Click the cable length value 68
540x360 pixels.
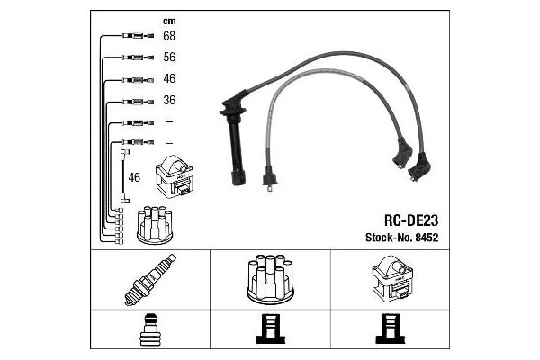click(168, 36)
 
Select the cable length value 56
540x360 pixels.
click(168, 57)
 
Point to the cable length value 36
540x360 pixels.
click(168, 100)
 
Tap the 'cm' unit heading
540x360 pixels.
click(168, 20)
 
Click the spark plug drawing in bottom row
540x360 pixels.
click(149, 280)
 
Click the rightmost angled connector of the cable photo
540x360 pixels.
click(420, 165)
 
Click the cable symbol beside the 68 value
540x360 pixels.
click(133, 36)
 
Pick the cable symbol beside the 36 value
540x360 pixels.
click(133, 100)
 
